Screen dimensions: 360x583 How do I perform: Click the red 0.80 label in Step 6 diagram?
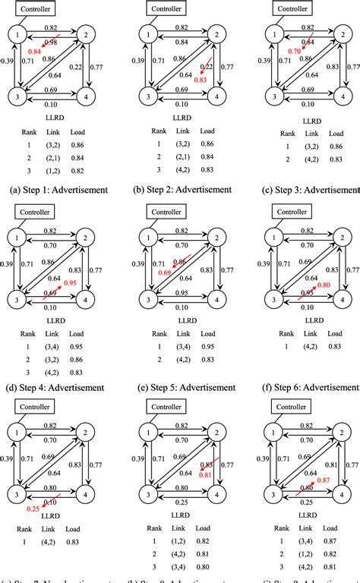tap(323, 285)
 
